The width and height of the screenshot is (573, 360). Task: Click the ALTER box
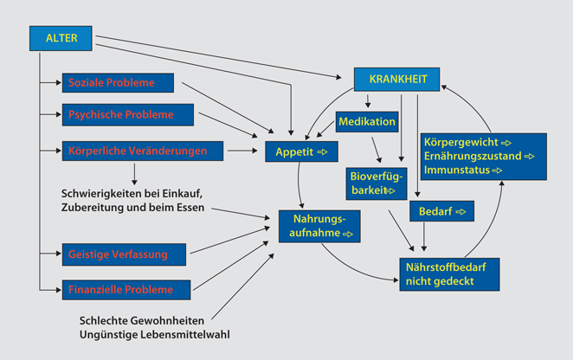pyautogui.click(x=60, y=37)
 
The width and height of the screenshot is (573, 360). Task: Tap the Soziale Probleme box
pyautogui.click(x=118, y=83)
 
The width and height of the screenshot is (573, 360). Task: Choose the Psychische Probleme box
pyautogui.click(x=129, y=114)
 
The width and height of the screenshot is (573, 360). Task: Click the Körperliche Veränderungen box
pyautogui.click(x=142, y=151)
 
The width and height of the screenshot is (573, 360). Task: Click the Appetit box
pyautogui.click(x=298, y=151)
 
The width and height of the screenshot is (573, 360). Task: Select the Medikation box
pyautogui.click(x=367, y=121)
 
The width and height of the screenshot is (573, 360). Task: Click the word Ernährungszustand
pyautogui.click(x=474, y=156)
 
